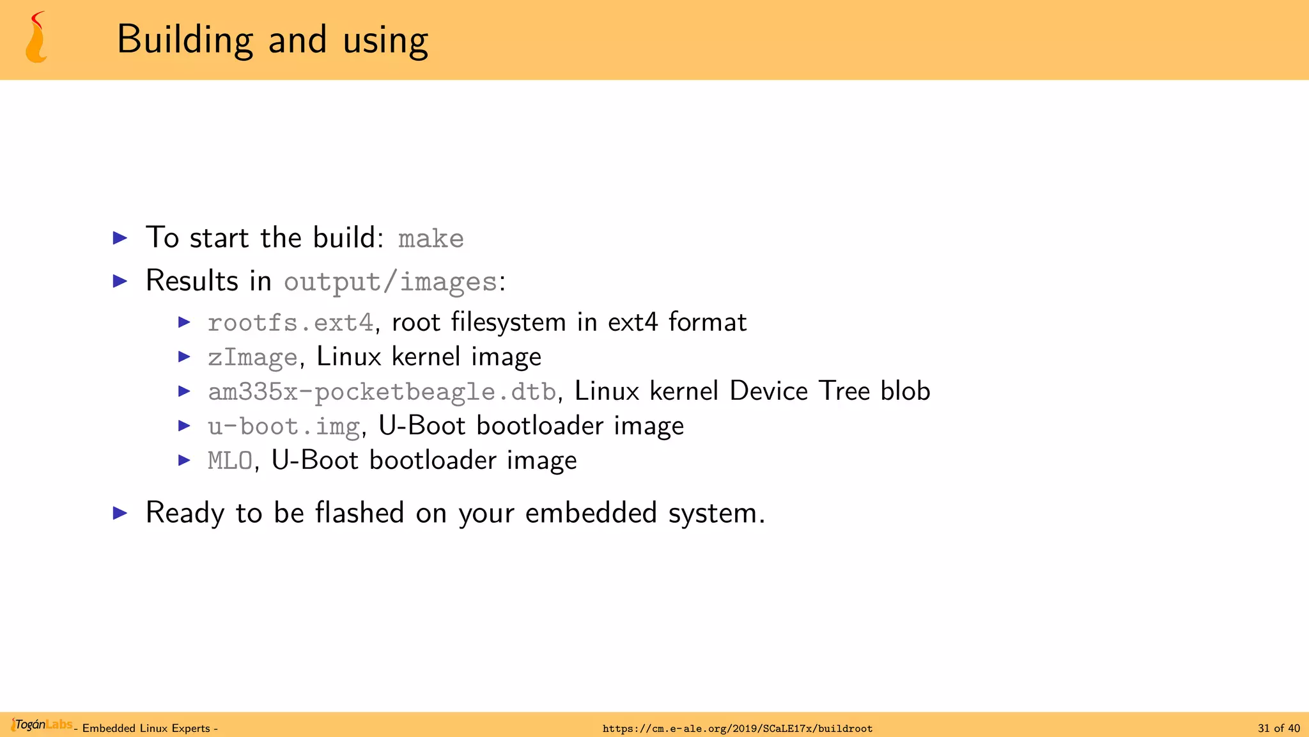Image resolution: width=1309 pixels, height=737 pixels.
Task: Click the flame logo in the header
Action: [x=36, y=38]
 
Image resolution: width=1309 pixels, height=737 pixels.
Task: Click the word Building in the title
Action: [x=185, y=40]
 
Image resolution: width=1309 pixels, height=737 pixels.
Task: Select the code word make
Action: [x=431, y=239]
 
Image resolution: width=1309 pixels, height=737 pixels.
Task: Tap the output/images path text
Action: [x=391, y=281]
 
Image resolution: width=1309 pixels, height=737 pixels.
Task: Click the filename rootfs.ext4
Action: [x=291, y=322]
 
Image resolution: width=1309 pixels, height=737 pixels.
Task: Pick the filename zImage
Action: [x=253, y=357]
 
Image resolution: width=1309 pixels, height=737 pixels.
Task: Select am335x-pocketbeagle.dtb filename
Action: [x=382, y=392]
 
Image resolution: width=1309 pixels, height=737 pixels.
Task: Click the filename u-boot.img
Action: [x=284, y=426]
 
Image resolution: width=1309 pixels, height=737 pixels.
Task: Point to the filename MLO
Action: [x=230, y=461]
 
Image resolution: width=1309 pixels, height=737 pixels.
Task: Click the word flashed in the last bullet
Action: [x=359, y=513]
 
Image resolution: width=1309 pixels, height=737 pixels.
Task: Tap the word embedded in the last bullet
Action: [x=591, y=513]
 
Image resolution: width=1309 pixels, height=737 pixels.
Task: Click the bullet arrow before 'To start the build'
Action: [x=120, y=238]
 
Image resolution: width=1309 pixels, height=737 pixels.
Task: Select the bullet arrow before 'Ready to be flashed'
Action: [x=120, y=512]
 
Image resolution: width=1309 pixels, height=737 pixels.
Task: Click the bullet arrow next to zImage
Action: [x=185, y=356]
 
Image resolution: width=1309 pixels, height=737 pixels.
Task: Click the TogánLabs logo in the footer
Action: [x=42, y=725]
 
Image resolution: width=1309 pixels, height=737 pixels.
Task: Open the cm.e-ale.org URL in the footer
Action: [x=737, y=728]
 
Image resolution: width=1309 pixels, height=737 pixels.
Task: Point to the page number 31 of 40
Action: [x=1278, y=728]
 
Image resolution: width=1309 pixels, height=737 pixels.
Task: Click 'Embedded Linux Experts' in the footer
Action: [x=146, y=728]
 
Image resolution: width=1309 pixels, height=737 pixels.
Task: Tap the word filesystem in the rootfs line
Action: [x=508, y=322]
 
